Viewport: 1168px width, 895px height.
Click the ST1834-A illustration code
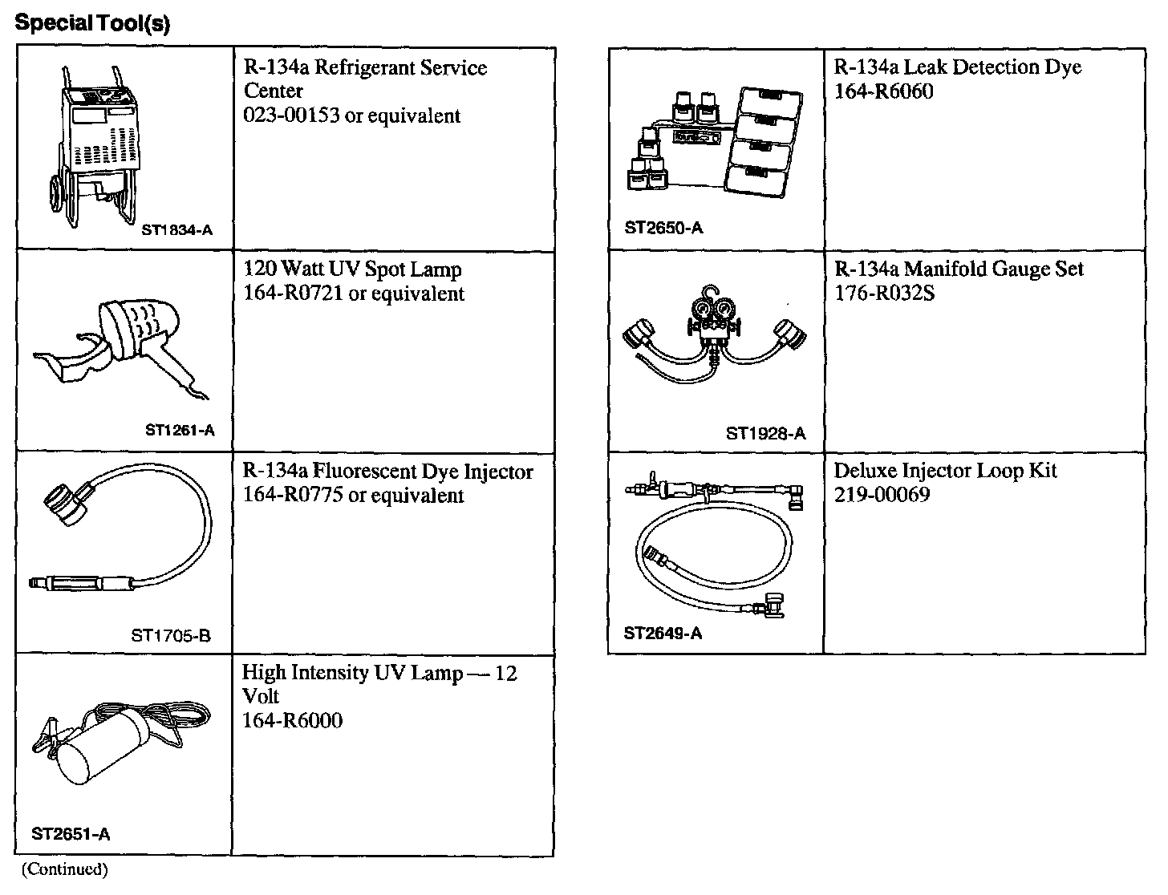177,229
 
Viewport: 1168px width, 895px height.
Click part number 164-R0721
293,294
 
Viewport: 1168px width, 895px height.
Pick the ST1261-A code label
180,431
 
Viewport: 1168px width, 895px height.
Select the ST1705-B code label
170,637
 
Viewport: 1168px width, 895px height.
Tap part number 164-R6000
292,720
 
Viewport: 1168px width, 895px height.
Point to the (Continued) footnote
64,869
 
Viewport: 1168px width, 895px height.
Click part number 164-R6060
884,91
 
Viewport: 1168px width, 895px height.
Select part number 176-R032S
885,294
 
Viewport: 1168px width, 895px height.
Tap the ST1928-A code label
765,434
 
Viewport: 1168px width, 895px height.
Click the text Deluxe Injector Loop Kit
946,470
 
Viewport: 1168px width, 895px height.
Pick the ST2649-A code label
663,634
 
